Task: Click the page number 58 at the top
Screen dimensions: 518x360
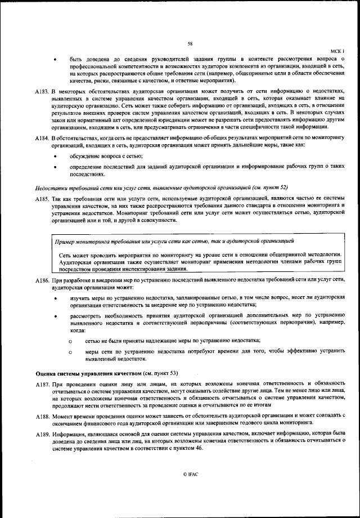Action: pyautogui.click(x=190, y=43)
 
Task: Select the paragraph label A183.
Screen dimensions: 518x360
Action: pyautogui.click(x=42, y=91)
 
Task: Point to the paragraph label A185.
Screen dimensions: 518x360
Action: pyautogui.click(x=42, y=199)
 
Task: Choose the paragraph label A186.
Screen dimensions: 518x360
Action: pyautogui.click(x=42, y=280)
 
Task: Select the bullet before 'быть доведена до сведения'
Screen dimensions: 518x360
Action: pyautogui.click(x=55, y=59)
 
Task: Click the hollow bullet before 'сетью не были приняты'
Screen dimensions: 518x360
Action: pyautogui.click(x=70, y=341)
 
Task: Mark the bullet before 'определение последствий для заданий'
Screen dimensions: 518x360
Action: pyautogui.click(x=55, y=167)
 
